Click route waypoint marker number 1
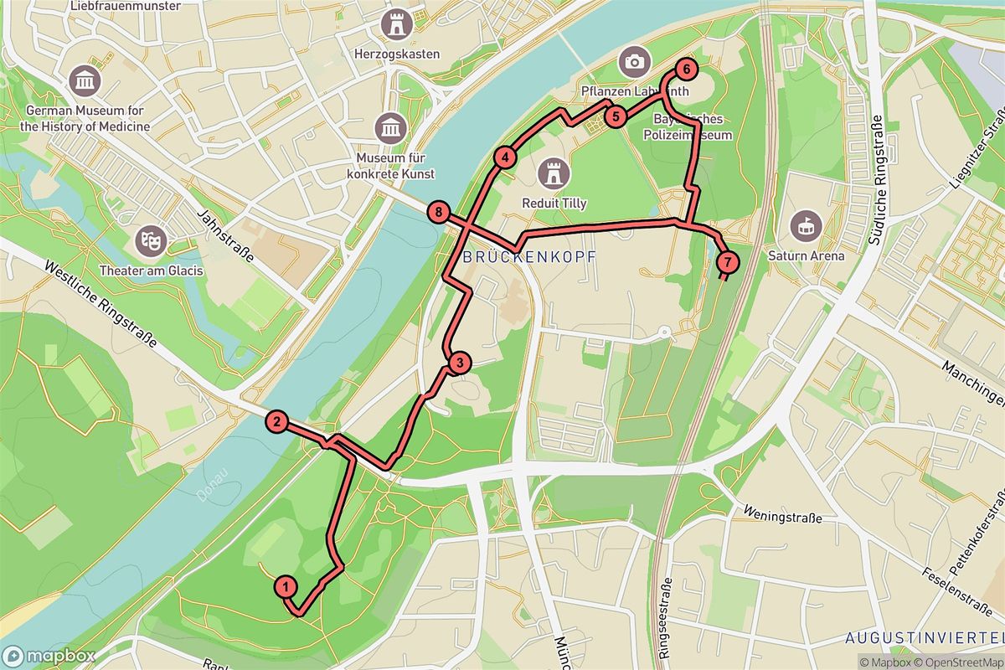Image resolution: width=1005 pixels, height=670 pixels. click(x=286, y=586)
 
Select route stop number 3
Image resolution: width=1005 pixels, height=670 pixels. click(x=460, y=363)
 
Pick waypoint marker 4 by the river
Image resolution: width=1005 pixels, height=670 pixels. click(x=504, y=157)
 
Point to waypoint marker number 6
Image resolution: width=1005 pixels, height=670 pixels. click(x=685, y=69)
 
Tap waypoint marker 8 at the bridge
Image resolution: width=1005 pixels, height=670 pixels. click(x=439, y=212)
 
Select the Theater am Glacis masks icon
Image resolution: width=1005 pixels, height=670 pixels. click(x=152, y=240)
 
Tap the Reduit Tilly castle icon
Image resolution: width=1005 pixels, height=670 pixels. click(x=554, y=173)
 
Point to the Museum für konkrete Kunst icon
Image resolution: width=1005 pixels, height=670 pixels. click(x=391, y=127)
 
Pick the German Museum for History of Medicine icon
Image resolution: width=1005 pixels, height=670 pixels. click(x=87, y=80)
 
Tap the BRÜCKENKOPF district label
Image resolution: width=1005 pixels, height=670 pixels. click(x=528, y=257)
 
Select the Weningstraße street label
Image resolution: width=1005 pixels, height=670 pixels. click(x=782, y=516)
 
